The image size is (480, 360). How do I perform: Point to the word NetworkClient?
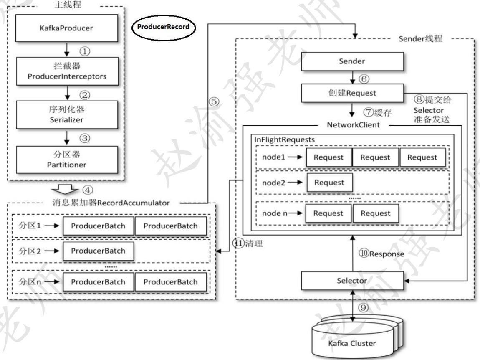(x=353, y=125)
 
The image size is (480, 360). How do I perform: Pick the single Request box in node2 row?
(x=329, y=182)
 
